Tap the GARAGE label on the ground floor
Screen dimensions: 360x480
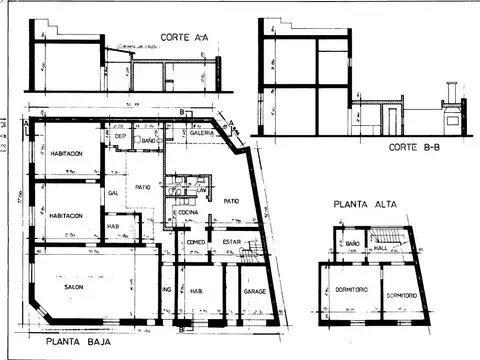[254, 291]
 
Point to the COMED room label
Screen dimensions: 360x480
[197, 241]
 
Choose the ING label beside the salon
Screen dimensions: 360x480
[167, 291]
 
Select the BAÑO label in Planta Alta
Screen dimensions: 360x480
[352, 241]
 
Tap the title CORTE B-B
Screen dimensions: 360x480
[408, 148]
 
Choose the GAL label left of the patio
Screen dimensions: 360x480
[114, 192]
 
